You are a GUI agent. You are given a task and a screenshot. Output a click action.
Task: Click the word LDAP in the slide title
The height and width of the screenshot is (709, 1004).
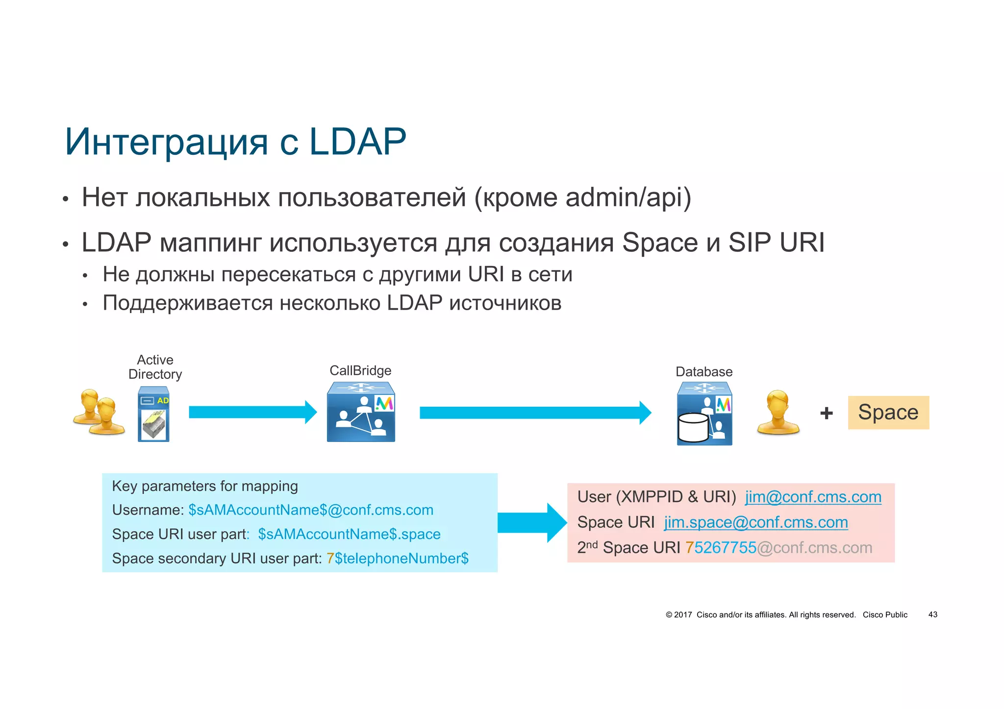[357, 142]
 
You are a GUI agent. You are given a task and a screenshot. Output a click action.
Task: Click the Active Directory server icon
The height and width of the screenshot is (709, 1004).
[153, 414]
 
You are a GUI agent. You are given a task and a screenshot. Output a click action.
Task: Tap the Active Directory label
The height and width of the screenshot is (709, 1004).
[155, 367]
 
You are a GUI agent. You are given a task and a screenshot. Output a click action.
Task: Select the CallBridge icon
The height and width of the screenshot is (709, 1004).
[361, 412]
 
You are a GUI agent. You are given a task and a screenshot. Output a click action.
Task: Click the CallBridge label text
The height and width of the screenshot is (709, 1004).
[360, 370]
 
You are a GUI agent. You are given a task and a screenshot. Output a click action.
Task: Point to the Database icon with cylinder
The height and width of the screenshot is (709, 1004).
[704, 414]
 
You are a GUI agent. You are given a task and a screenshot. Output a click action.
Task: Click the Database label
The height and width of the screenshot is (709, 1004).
[704, 372]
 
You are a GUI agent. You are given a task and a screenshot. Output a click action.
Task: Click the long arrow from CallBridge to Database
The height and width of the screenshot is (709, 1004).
[534, 413]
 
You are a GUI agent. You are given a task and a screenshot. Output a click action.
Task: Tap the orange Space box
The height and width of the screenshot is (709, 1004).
[888, 413]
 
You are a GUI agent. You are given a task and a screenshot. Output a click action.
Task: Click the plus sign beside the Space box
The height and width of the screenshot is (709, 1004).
[827, 413]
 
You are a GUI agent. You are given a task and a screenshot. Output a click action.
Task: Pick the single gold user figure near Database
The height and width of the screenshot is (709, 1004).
[778, 413]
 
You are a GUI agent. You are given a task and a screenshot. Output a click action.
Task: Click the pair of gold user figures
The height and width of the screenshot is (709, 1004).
[99, 412]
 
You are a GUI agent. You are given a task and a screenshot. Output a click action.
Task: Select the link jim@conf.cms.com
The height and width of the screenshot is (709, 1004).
[813, 497]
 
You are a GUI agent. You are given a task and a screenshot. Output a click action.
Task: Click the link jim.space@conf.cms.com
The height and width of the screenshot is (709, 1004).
[755, 522]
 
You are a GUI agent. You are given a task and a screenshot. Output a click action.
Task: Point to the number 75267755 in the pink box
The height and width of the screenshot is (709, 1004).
[721, 548]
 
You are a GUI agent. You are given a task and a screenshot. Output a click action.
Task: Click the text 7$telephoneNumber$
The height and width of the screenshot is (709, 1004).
[398, 559]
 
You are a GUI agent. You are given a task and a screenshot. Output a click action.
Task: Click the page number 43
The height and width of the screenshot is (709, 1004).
[932, 614]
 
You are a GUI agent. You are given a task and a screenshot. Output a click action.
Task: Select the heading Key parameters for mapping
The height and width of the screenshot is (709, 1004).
[205, 486]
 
